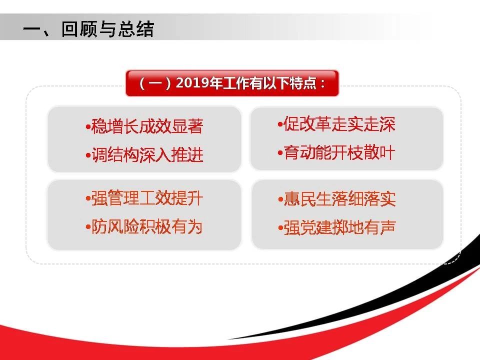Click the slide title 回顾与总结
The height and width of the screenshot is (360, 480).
(x=107, y=29)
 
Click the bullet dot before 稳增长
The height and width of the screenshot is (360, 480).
(x=88, y=126)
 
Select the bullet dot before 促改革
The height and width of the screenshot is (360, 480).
(x=280, y=124)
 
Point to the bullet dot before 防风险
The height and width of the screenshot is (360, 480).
(x=88, y=227)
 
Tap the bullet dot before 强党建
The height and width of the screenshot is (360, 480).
(x=280, y=228)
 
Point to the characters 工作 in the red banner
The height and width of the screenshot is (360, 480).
(x=235, y=83)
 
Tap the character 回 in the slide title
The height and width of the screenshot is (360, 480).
(x=70, y=29)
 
